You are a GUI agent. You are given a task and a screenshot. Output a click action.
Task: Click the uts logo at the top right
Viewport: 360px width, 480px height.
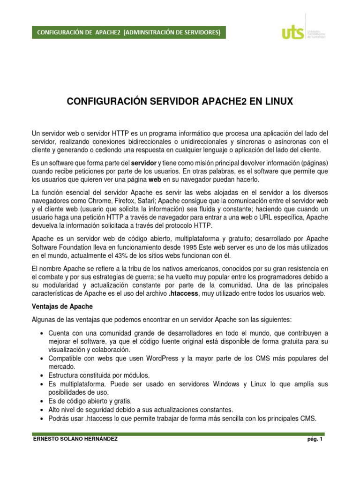305,32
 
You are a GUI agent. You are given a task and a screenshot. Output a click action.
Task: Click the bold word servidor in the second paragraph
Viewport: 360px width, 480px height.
143,163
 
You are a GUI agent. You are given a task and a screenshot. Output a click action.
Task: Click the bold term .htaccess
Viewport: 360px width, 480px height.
184,293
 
